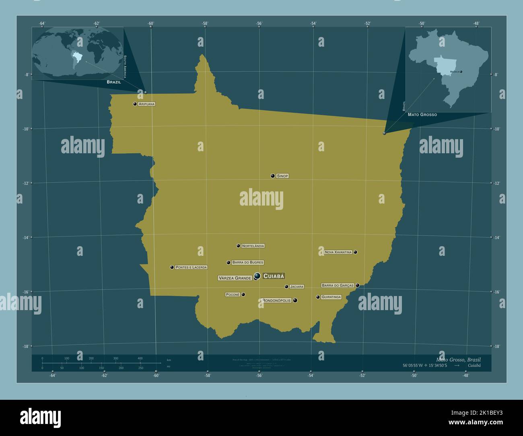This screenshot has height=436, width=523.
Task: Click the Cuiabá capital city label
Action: click(274, 276)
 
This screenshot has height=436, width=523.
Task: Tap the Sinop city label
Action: click(282, 176)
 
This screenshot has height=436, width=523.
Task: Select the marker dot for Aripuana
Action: click(135, 104)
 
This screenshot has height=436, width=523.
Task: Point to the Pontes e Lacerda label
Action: click(191, 267)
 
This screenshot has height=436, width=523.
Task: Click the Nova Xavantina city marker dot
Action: click(356, 252)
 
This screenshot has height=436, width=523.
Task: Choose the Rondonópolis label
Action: click(276, 300)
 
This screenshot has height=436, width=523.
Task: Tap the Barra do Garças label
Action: click(338, 285)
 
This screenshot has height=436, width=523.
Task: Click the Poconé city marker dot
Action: click(243, 294)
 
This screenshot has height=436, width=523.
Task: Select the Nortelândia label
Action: click(253, 246)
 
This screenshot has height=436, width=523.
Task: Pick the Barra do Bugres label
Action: click(248, 262)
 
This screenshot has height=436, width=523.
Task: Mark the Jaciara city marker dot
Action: click(286, 287)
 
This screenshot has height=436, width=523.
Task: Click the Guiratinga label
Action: click(331, 297)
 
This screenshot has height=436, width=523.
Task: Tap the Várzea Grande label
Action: click(235, 278)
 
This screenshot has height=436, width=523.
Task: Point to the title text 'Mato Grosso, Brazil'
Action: click(458, 359)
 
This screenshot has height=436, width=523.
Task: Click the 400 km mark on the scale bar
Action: click(140, 358)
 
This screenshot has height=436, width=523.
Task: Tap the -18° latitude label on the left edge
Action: click(25, 346)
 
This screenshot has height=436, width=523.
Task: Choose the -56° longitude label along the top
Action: click(259, 23)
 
